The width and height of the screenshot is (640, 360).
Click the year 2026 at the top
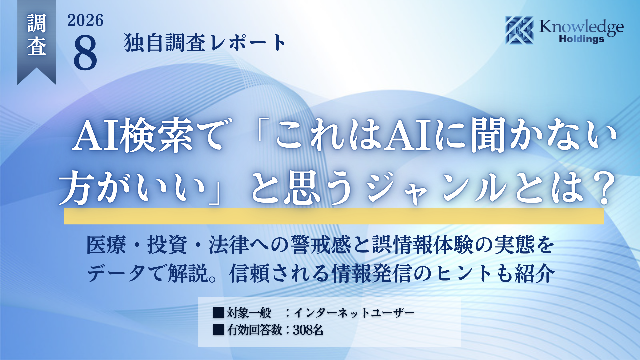coord(85,21)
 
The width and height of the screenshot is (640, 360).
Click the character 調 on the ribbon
coord(37,23)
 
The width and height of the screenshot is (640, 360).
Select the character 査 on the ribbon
coord(37,46)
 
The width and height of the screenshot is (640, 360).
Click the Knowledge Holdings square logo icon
coord(519,30)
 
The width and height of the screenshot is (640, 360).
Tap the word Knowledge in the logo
coord(581,27)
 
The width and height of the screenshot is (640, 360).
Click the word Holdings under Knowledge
coord(582,39)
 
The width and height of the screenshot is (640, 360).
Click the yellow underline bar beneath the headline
coord(334,216)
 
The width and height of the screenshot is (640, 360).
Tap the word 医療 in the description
coord(106,245)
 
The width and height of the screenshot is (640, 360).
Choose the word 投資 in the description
coord(168,245)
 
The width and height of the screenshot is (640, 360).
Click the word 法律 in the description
coord(229,245)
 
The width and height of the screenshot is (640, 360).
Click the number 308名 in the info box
coord(308,330)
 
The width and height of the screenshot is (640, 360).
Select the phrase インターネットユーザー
coord(354,313)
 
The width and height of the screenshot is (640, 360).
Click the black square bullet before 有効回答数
coord(219,330)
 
